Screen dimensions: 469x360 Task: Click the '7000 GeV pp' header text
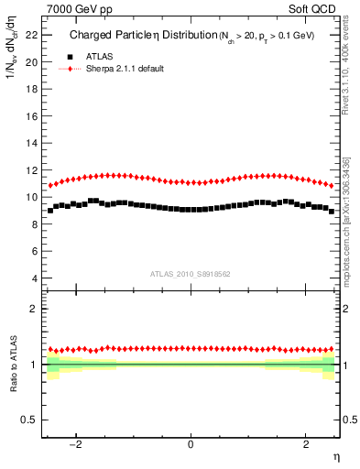pyautogui.click(x=71, y=8)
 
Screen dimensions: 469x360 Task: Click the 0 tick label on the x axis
pyautogui.click(x=191, y=445)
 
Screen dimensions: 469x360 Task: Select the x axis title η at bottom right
pyautogui.click(x=336, y=456)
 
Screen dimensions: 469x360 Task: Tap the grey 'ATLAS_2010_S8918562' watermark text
pyautogui.click(x=190, y=273)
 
